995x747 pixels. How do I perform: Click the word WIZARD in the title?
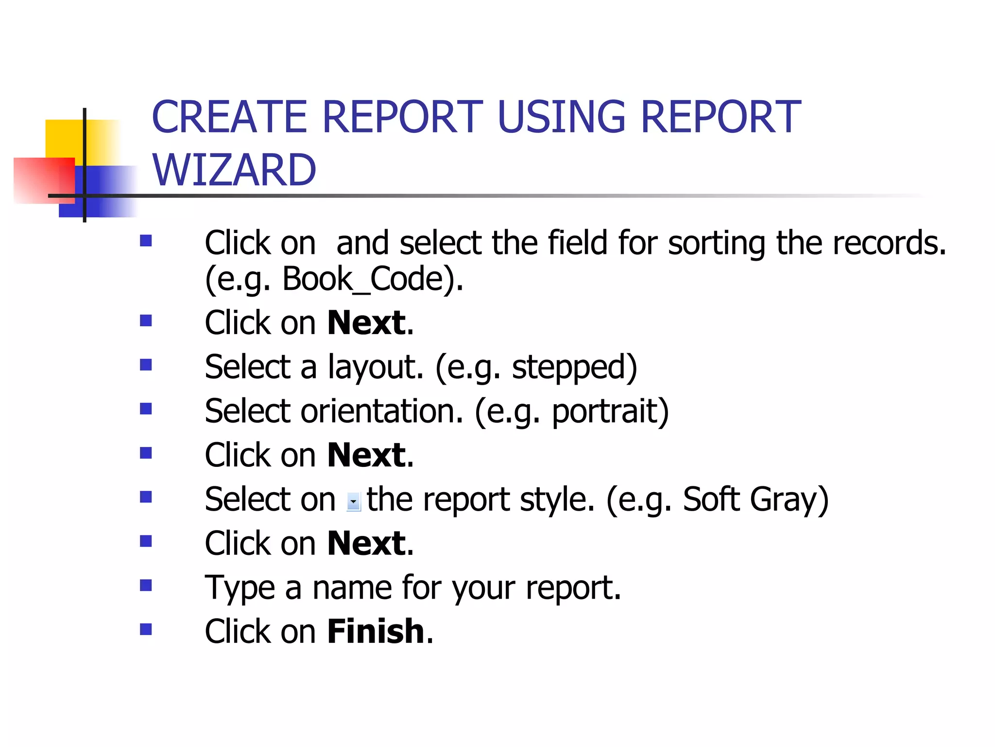coord(234,170)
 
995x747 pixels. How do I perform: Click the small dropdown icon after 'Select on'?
coord(354,501)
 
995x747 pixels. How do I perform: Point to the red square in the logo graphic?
coord(44,180)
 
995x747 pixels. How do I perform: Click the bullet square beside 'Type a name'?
coord(146,585)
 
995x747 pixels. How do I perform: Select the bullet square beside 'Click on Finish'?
coord(146,629)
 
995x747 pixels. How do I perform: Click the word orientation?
coord(381,411)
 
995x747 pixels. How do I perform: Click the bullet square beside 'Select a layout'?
coord(146,365)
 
